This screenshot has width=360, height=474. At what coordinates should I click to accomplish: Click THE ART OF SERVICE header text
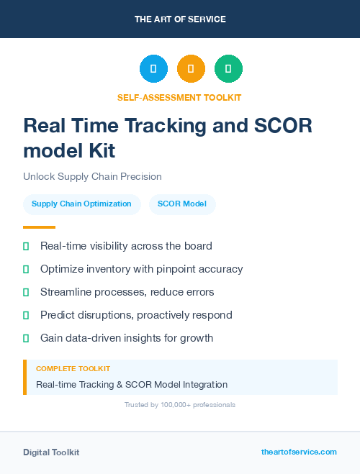180,19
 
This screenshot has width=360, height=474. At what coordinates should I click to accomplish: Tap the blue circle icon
153,69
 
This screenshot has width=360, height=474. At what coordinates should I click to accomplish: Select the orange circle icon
191,69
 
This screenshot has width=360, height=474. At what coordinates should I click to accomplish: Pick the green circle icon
228,69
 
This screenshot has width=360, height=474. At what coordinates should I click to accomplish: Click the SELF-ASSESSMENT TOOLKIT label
179,97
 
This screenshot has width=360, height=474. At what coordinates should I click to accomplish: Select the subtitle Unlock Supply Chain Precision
92,176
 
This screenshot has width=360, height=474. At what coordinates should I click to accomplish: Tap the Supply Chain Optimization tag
81,204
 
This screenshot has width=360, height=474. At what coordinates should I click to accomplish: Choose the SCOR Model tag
182,204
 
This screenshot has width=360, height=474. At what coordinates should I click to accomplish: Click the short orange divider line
39,227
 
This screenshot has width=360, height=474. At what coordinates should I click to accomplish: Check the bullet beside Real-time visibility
26,246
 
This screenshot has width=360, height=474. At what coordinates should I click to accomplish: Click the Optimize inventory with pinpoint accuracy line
141,269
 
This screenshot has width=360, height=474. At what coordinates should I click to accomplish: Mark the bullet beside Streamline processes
26,292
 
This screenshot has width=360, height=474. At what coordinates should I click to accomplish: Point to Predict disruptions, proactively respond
136,315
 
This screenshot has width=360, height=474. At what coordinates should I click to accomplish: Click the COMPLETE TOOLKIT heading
73,369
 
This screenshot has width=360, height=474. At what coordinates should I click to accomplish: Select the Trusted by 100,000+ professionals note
180,405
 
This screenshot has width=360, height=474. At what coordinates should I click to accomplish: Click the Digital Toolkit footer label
51,452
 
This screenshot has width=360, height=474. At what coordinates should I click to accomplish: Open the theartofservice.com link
299,452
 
